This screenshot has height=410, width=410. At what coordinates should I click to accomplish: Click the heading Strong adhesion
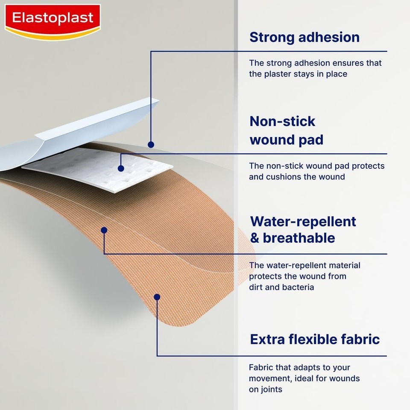point(305,37)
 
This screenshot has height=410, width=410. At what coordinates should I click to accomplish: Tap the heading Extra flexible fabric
point(315,340)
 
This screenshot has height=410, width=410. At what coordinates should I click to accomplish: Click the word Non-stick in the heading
point(282,121)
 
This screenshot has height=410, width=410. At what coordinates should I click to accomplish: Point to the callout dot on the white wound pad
point(121,169)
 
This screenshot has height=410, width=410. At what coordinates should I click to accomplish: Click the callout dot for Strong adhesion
point(151,145)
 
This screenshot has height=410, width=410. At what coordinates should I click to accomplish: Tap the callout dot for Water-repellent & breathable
point(104,230)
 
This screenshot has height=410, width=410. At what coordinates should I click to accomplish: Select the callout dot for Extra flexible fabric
point(157,297)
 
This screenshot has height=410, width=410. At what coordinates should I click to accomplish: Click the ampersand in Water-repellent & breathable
point(255,238)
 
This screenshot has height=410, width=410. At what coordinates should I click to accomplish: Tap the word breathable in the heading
point(299,238)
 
